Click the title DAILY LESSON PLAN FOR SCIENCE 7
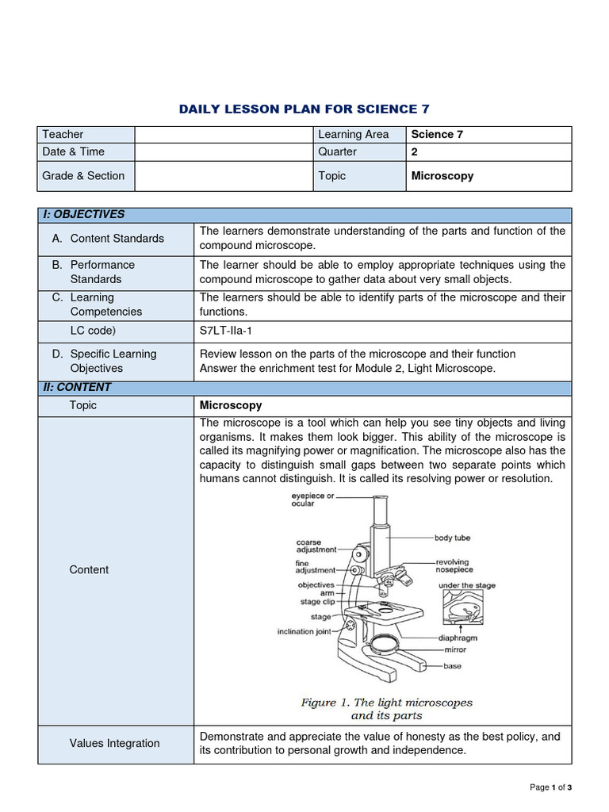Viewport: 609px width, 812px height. (x=304, y=109)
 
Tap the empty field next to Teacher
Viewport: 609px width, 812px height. (x=223, y=134)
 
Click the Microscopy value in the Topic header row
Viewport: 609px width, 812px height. (x=442, y=176)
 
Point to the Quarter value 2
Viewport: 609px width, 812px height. (x=414, y=151)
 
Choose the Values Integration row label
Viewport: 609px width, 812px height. (x=114, y=743)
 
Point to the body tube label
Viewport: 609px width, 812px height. (x=452, y=538)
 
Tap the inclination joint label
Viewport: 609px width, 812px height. (x=307, y=632)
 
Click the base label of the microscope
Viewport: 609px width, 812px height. (x=452, y=666)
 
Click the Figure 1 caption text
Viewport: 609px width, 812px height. (x=386, y=709)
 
